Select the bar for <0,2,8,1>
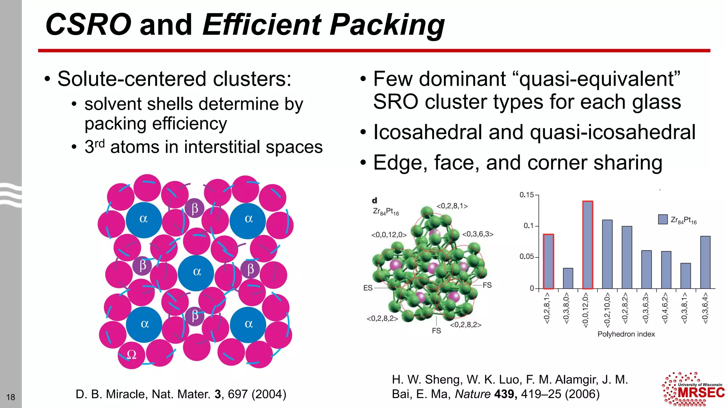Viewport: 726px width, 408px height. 548,261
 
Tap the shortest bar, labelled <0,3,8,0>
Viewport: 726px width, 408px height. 568,278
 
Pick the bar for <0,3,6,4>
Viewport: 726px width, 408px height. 705,262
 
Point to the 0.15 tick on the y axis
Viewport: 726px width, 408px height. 526,195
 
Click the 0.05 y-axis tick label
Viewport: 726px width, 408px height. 526,256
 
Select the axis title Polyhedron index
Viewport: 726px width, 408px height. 626,334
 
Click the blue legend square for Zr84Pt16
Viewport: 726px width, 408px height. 663,220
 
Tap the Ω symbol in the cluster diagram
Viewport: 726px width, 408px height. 132,355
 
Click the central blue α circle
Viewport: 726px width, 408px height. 196,272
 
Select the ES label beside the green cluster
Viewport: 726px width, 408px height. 368,288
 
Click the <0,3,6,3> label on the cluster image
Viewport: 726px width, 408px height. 478,234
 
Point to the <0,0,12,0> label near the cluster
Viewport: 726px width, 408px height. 389,235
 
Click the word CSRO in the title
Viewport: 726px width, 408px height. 88,25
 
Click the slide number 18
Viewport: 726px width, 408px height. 11,397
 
